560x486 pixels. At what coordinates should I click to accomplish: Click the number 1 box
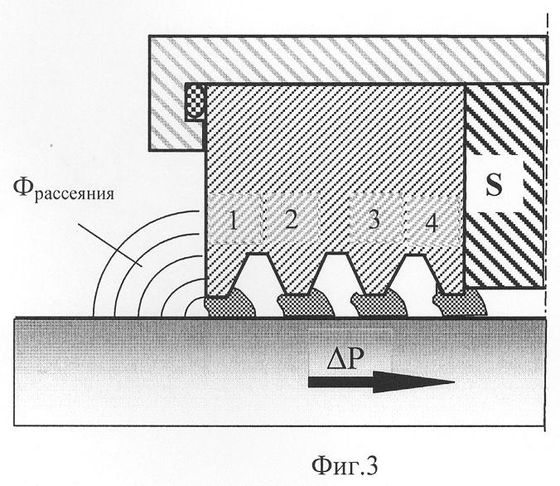tap(236, 219)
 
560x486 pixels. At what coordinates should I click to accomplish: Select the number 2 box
tap(292, 219)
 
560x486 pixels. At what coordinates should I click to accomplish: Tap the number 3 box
tap(374, 219)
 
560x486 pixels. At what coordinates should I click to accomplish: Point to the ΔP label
tap(345, 359)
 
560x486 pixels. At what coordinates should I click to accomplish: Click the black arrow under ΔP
tap(381, 382)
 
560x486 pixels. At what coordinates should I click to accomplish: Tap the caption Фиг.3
tap(345, 465)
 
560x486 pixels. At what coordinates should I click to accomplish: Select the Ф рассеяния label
tap(63, 189)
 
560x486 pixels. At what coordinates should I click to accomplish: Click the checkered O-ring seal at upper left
tap(195, 101)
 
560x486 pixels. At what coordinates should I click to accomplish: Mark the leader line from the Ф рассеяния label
tap(109, 244)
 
